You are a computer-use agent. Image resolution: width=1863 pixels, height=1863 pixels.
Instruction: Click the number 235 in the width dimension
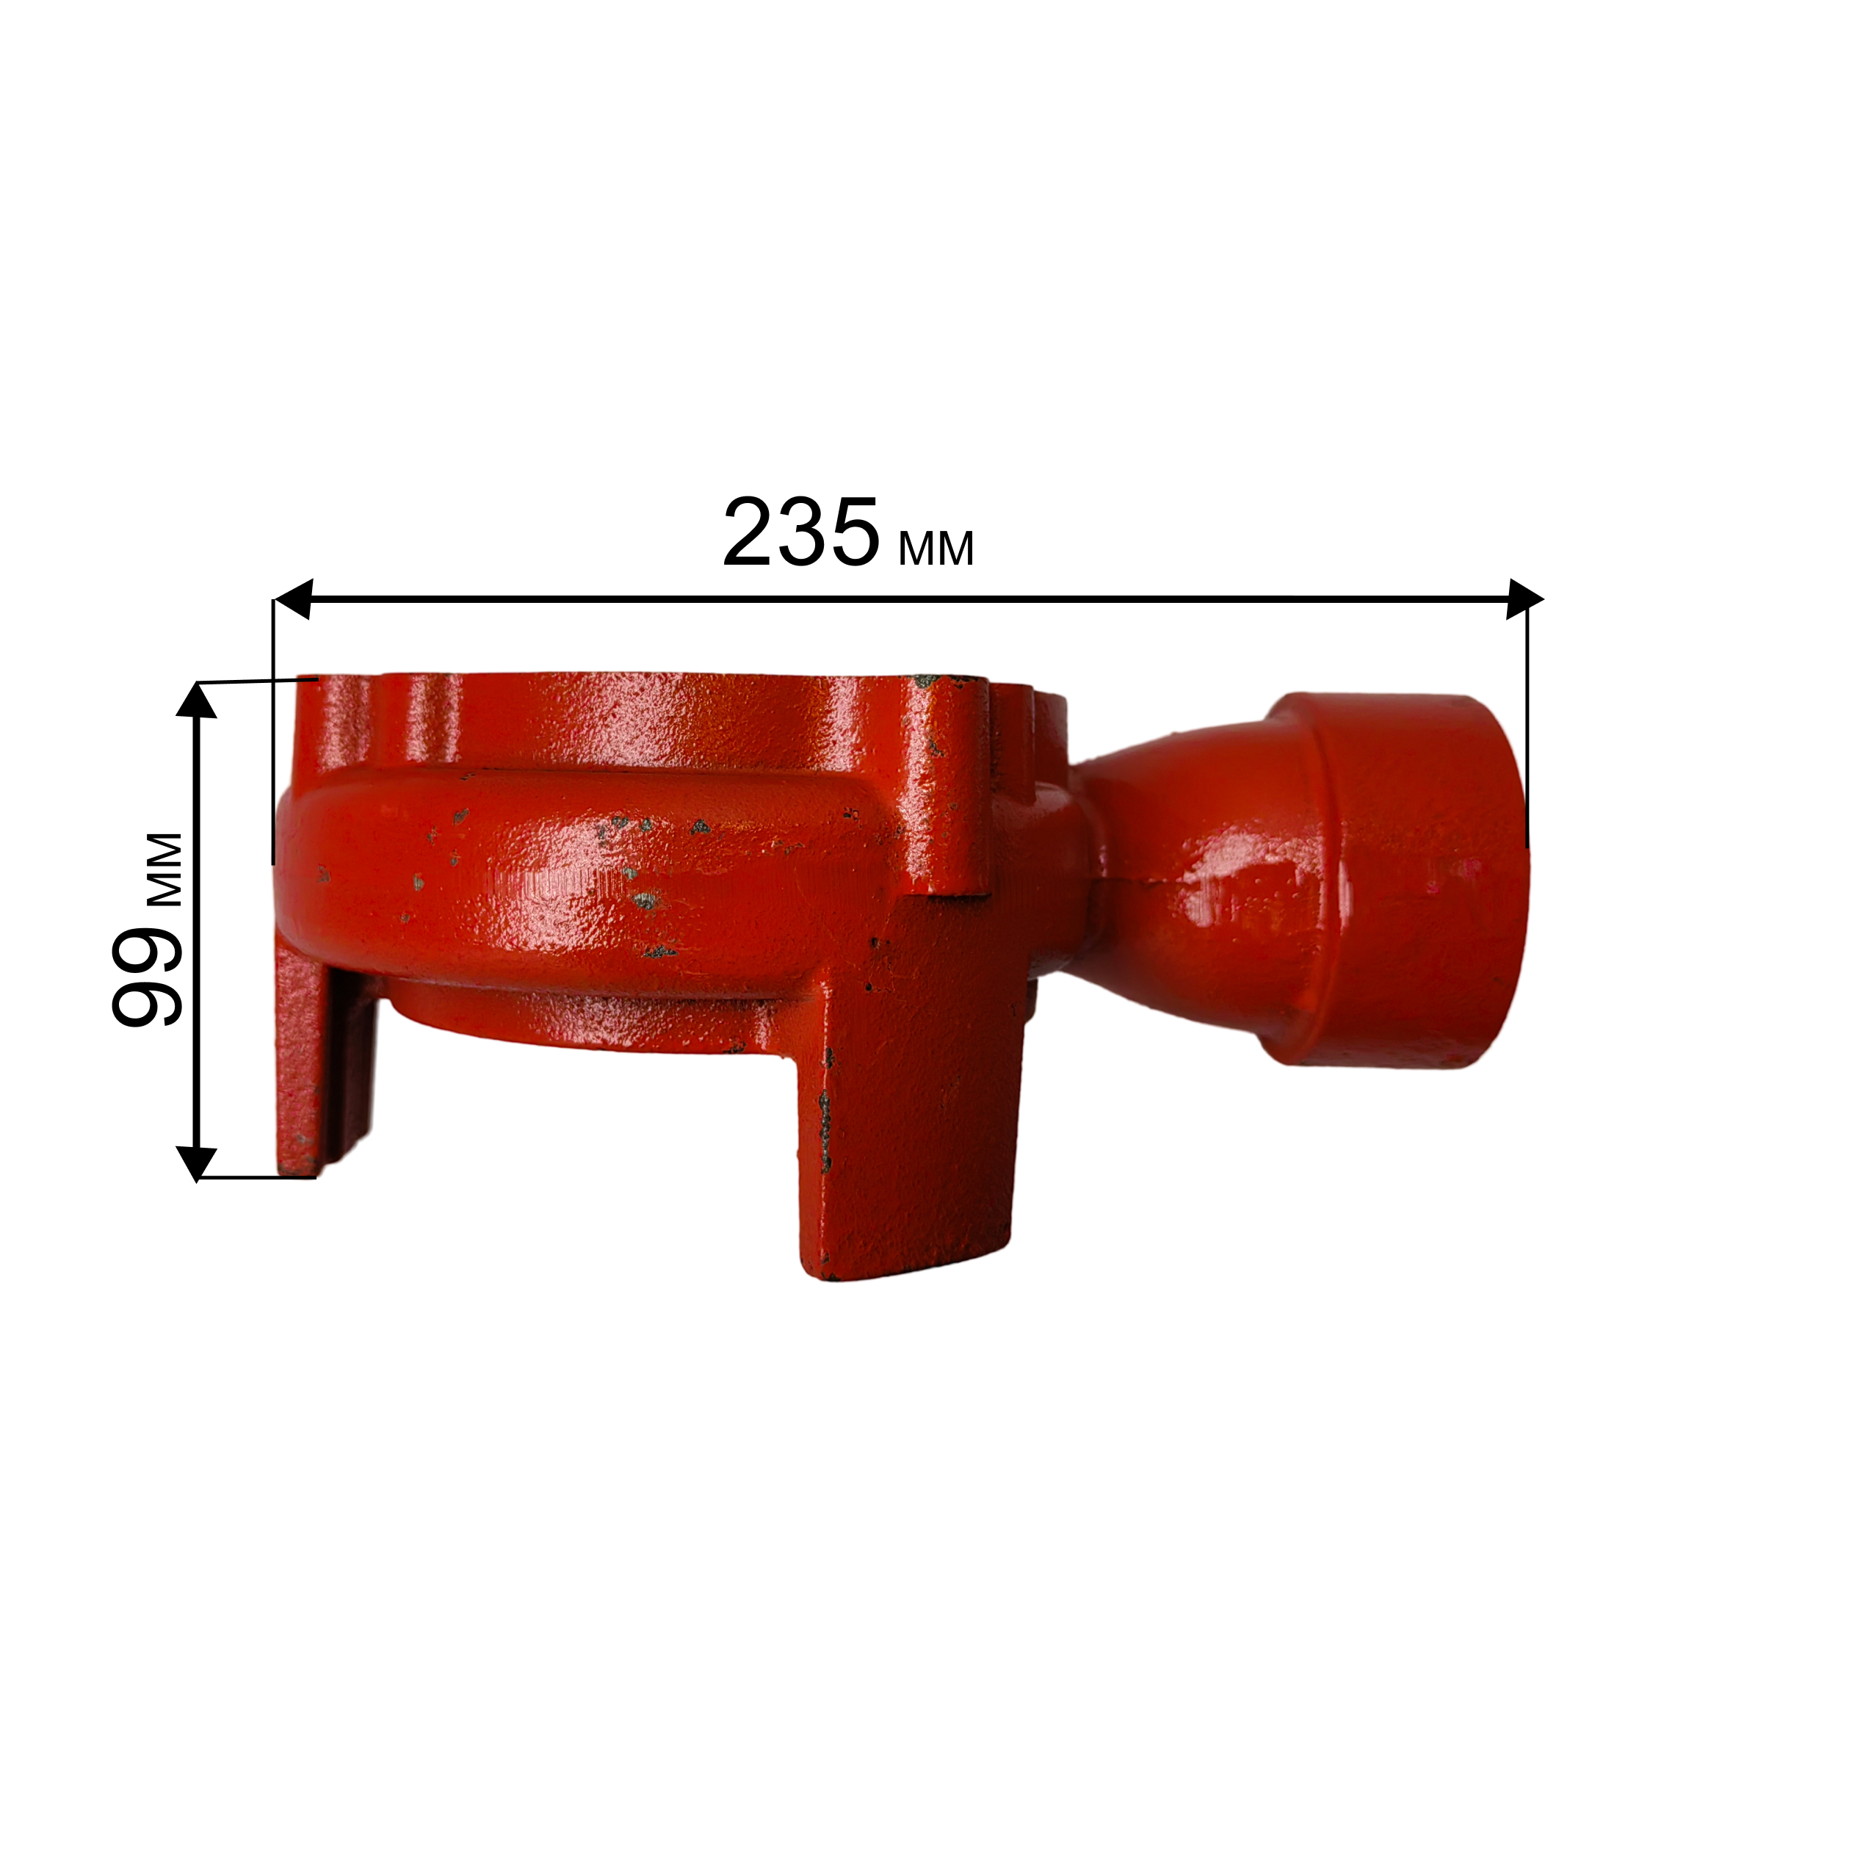[800, 532]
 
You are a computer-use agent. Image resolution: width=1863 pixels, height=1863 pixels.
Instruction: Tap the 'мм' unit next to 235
[936, 549]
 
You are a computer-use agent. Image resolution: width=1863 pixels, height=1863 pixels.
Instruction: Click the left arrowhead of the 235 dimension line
[294, 598]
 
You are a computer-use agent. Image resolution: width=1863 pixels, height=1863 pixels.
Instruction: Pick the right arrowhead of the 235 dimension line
[1525, 598]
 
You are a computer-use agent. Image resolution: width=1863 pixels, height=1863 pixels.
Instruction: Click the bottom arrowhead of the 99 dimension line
[197, 1164]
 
